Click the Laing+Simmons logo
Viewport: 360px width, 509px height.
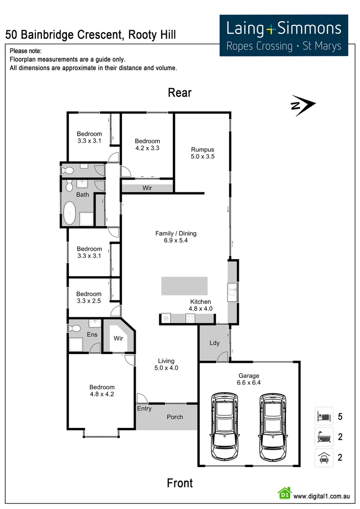[284, 35]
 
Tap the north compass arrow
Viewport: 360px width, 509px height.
[303, 106]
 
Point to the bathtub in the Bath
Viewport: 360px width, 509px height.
[70, 213]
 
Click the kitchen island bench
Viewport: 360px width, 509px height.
[184, 286]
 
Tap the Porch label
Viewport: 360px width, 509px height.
[175, 417]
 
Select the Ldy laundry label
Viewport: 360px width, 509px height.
[214, 343]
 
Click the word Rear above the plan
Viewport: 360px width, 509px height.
[180, 93]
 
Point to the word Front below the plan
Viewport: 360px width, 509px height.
[180, 483]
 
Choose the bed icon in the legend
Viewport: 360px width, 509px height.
[324, 417]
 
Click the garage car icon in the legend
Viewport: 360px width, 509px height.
[324, 457]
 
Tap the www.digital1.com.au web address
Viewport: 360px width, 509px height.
[321, 496]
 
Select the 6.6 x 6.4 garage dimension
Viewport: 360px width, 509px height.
[249, 383]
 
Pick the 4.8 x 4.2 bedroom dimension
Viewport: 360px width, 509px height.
[102, 394]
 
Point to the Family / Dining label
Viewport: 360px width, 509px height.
[176, 233]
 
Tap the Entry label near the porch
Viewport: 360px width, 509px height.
[144, 409]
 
